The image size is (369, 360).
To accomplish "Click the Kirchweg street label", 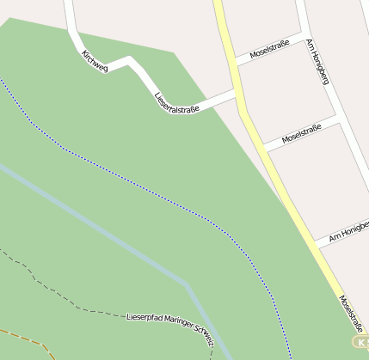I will click(x=95, y=61).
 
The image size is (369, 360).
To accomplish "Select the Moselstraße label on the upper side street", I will click(x=269, y=48).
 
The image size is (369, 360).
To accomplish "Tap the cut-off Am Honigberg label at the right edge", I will click(x=349, y=231).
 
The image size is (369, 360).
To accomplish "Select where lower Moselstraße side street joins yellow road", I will click(x=265, y=149).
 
